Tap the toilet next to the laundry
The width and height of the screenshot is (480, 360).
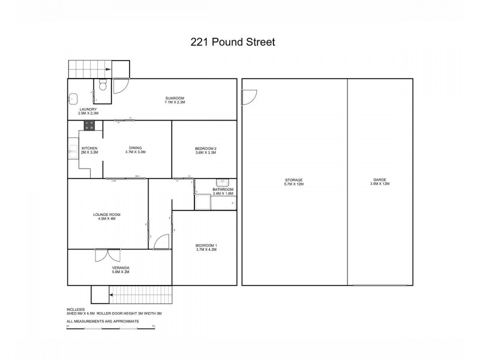tap(103, 86)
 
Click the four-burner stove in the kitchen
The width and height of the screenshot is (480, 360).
tap(89, 125)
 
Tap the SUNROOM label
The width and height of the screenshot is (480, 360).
tap(175, 98)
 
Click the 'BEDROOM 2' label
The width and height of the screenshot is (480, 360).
tap(206, 149)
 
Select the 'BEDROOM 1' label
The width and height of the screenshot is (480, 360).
tap(206, 245)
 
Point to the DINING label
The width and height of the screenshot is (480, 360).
tap(135, 149)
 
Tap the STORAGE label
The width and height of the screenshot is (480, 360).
tap(294, 180)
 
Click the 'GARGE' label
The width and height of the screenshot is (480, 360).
tap(380, 180)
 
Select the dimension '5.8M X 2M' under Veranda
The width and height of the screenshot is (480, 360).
tap(121, 272)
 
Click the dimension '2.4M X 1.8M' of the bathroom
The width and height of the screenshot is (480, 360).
tap(223, 194)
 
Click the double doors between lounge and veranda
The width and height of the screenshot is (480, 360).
tap(107, 254)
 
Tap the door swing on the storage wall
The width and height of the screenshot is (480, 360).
tap(248, 97)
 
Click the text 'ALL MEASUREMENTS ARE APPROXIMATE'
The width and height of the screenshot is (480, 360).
tap(103, 321)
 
